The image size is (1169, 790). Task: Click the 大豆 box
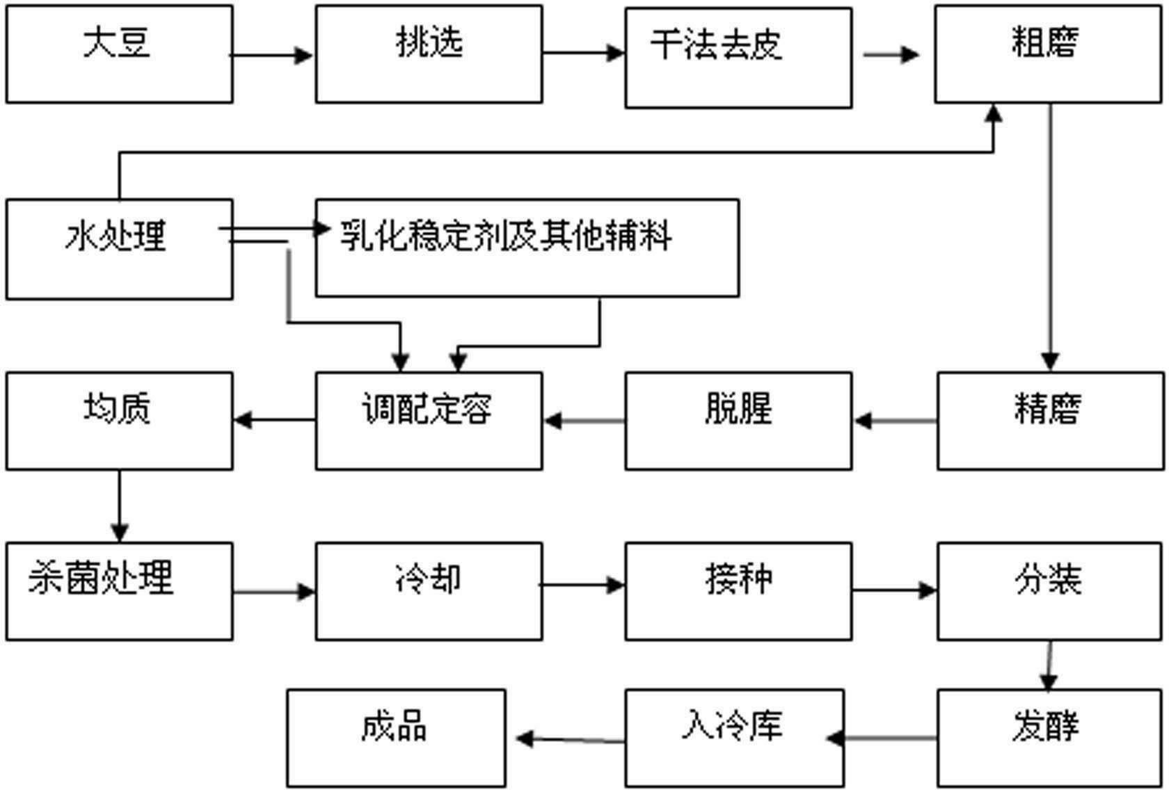pyautogui.click(x=119, y=54)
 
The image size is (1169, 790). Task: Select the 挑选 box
pyautogui.click(x=429, y=54)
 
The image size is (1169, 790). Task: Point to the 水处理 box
pyautogui.click(x=119, y=249)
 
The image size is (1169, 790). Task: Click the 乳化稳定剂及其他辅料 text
pyautogui.click(x=506, y=236)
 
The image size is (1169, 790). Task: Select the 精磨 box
pyautogui.click(x=1050, y=421)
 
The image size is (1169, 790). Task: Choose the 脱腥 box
pyautogui.click(x=738, y=421)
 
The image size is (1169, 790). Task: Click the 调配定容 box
pyautogui.click(x=429, y=421)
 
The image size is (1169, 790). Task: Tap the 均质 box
pyautogui.click(x=119, y=421)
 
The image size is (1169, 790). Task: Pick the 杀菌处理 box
pyautogui.click(x=119, y=591)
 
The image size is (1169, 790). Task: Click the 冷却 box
pyautogui.click(x=429, y=591)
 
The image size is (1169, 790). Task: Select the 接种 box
pyautogui.click(x=738, y=591)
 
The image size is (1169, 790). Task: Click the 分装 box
pyautogui.click(x=1050, y=591)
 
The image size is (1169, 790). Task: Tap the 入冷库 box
pyautogui.click(x=734, y=738)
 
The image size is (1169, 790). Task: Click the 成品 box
pyautogui.click(x=396, y=738)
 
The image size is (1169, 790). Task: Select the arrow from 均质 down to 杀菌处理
pyautogui.click(x=119, y=506)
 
